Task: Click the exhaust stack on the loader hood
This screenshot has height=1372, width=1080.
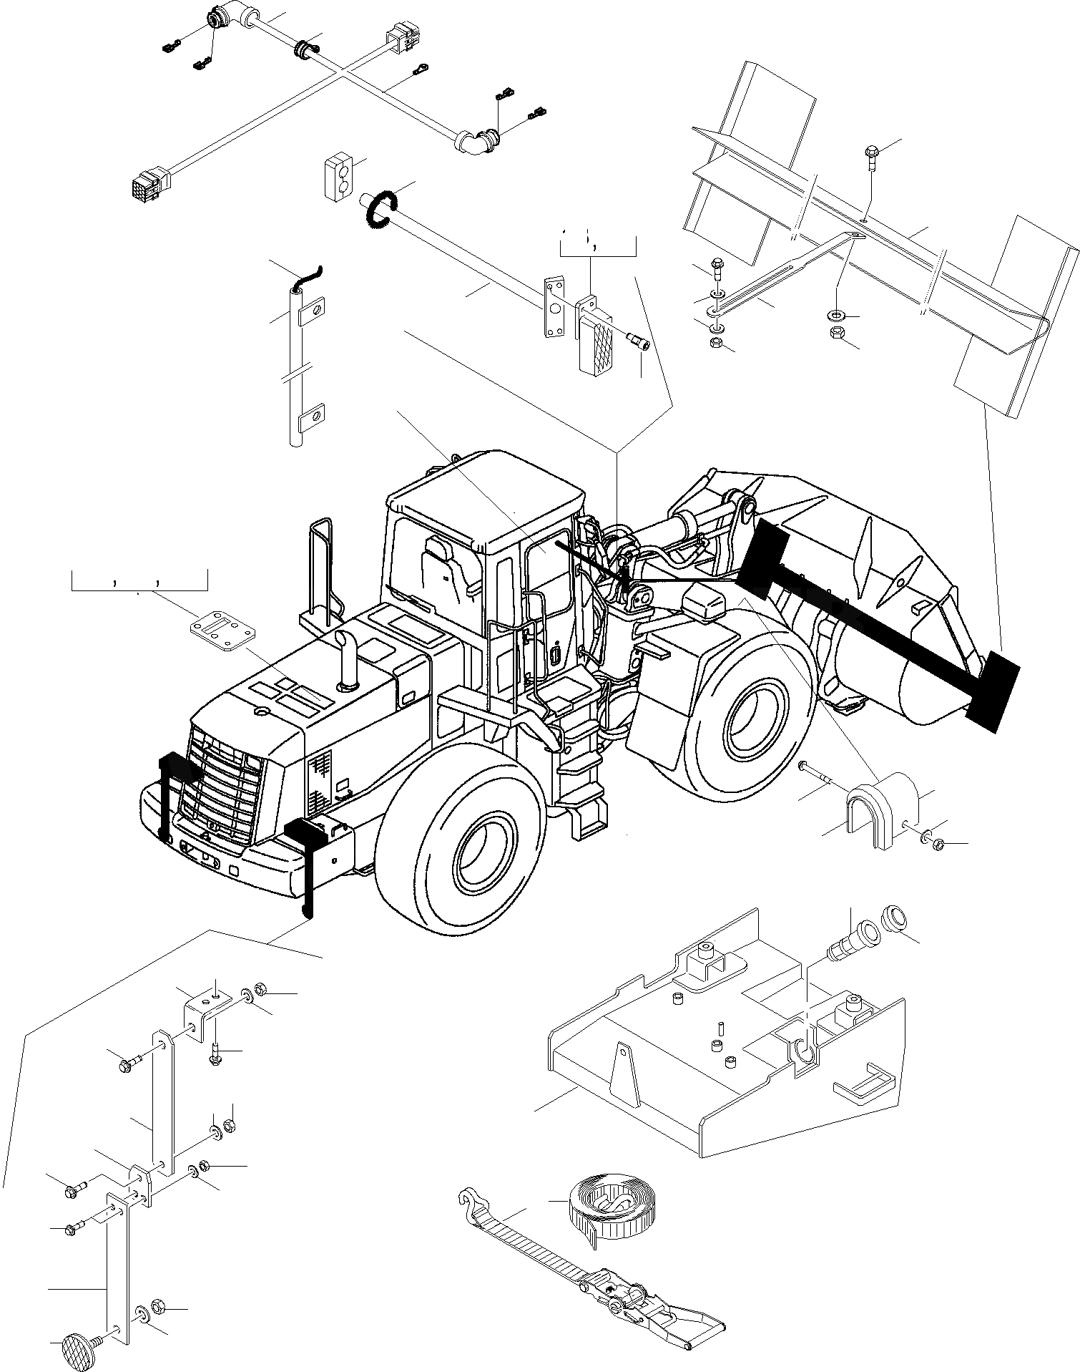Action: [348, 661]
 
